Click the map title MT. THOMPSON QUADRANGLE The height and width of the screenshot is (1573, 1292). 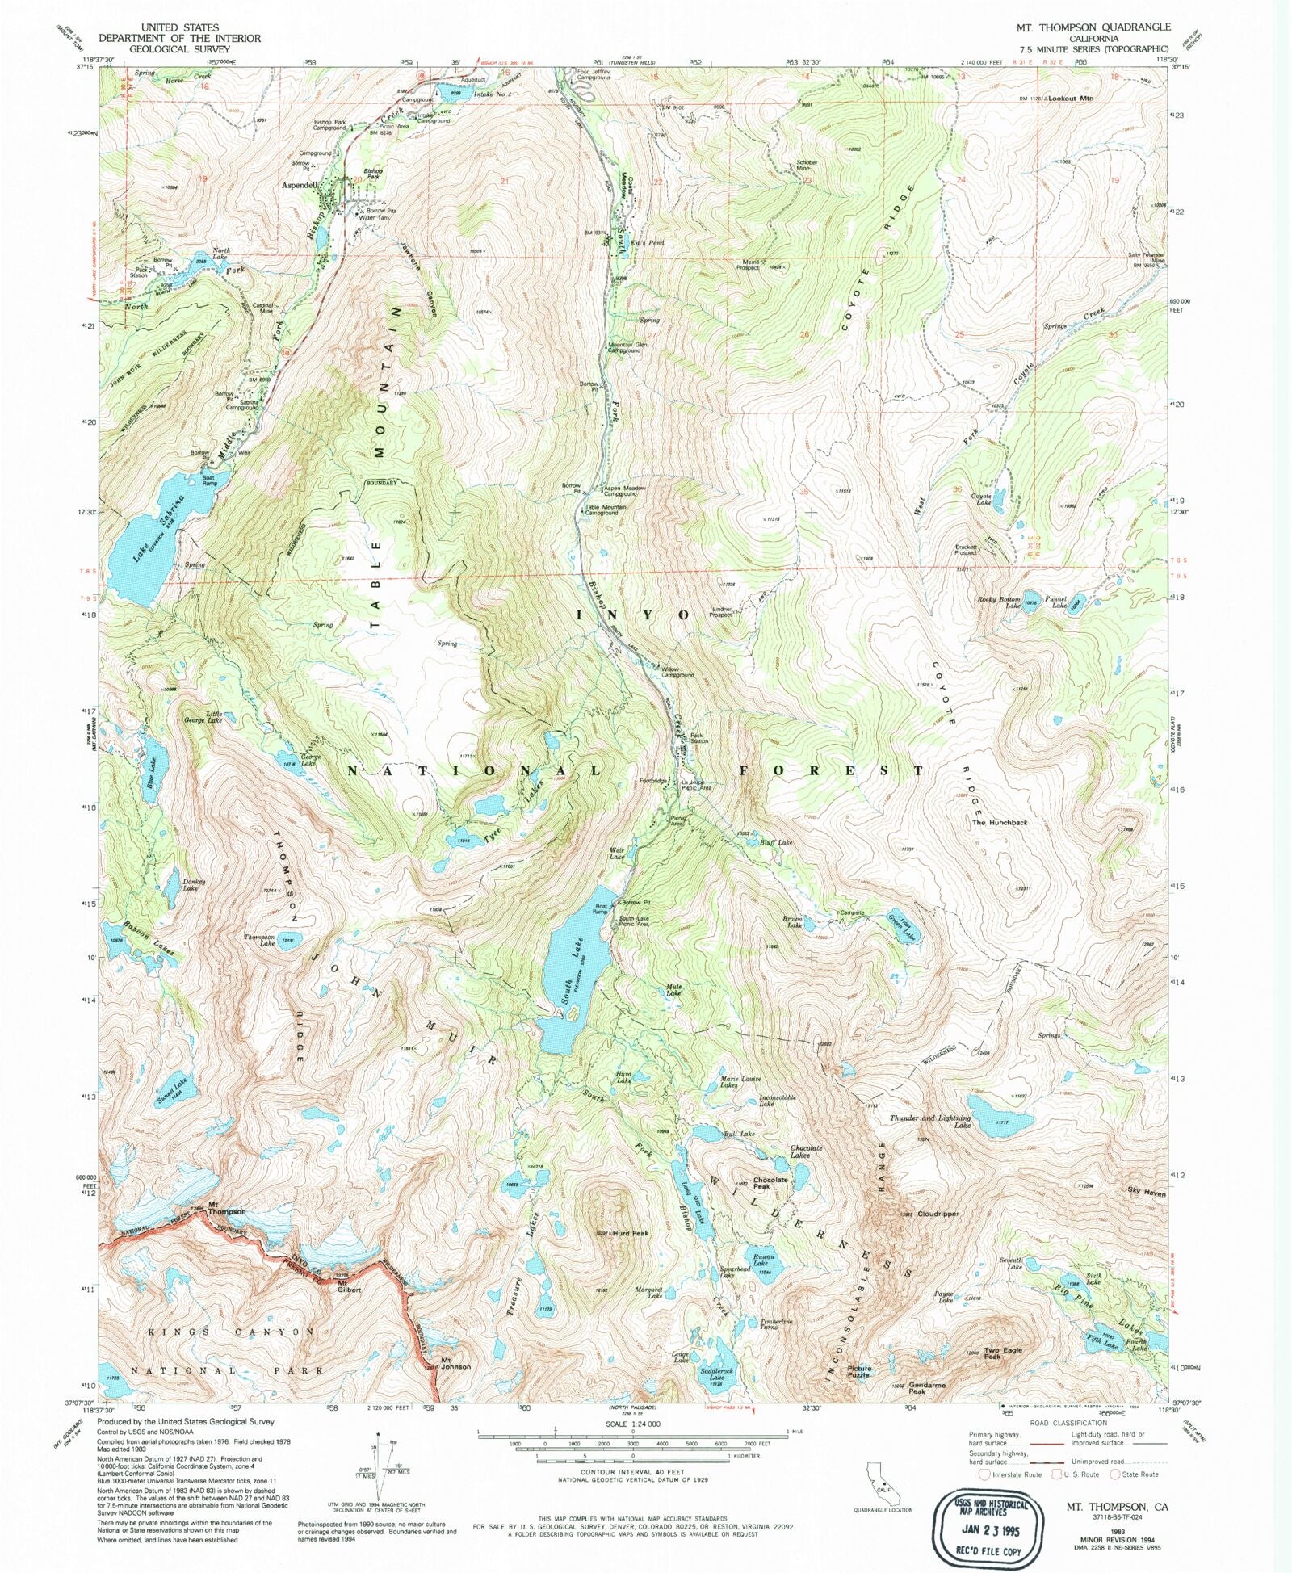pos(1093,27)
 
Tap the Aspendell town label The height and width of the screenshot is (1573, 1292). pos(299,185)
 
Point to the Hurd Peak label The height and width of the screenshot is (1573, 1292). pos(631,1233)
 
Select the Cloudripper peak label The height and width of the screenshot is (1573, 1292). pos(938,1214)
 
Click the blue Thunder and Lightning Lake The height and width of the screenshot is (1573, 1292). pos(1000,1117)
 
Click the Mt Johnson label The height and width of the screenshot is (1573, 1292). pos(455,1363)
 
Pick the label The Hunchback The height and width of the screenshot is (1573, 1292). pos(999,822)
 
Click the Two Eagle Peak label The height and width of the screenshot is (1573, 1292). pos(1002,1353)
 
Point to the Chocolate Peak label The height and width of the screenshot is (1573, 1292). pos(770,1183)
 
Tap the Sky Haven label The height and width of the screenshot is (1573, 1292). pos(1147,1191)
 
